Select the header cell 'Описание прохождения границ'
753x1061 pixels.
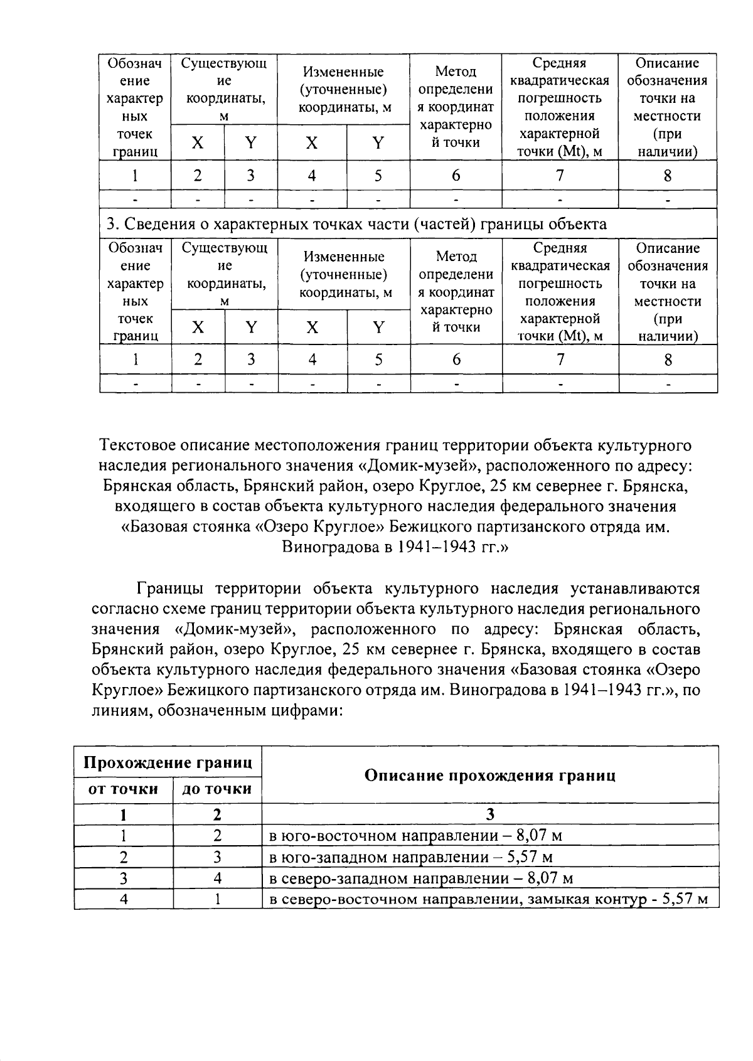click(489, 775)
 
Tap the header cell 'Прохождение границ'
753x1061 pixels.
click(168, 762)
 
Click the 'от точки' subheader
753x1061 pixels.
click(123, 789)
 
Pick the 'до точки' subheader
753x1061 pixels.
click(216, 789)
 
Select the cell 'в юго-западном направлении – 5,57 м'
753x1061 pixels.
click(411, 856)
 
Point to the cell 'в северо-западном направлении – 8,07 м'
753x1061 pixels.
click(420, 878)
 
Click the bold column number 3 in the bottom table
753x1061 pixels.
click(489, 814)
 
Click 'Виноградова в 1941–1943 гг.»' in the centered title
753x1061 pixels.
click(395, 546)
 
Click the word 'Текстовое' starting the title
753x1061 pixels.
click(137, 445)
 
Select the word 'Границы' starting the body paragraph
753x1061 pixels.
click(169, 589)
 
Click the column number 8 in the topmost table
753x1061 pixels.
click(667, 176)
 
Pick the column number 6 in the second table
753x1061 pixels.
click(456, 360)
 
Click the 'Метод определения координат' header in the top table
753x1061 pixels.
click(456, 107)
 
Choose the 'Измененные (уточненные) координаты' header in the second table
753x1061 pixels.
click(343, 274)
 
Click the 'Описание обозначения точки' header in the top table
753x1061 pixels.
click(667, 107)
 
